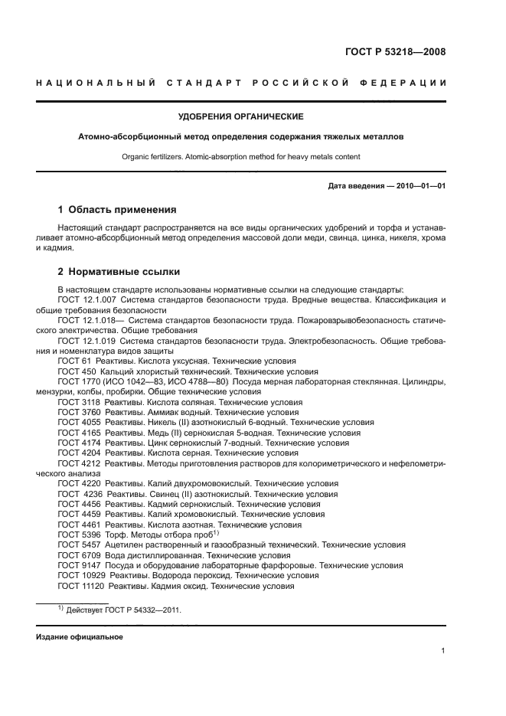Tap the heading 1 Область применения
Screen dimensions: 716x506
coord(117,209)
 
